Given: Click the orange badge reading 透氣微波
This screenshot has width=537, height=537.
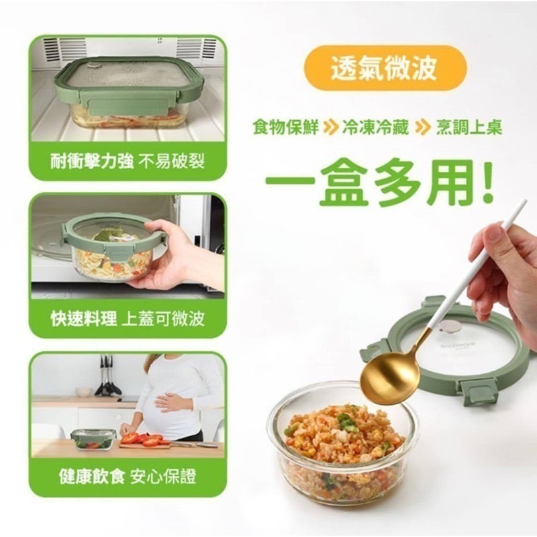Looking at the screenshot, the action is [385, 68].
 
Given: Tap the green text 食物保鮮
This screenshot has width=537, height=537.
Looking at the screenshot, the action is [286, 128].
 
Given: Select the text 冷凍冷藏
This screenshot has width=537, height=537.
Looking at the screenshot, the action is [376, 128].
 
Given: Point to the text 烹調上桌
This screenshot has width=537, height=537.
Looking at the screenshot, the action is [469, 128].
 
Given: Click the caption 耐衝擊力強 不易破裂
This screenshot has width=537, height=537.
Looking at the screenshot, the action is [128, 161].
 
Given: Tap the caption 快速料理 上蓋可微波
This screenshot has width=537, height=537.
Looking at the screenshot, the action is [128, 319].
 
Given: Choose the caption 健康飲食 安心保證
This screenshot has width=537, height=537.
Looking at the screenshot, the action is [128, 477].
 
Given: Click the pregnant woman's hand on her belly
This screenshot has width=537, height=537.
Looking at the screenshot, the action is [167, 401].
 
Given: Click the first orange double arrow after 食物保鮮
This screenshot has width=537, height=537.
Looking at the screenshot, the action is [329, 128].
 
